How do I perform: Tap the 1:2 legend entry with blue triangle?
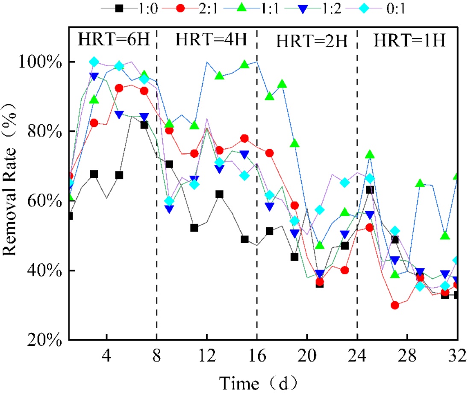pos(303,7)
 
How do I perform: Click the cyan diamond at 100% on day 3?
pos(94,62)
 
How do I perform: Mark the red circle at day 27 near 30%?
pos(395,305)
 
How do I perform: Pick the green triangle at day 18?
pos(282,84)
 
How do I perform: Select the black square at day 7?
pos(144,125)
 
